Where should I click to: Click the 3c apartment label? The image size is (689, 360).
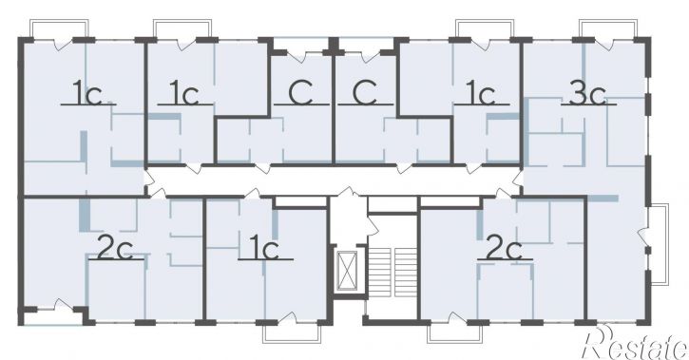pyautogui.click(x=587, y=93)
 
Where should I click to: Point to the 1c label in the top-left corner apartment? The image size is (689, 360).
pyautogui.click(x=87, y=93)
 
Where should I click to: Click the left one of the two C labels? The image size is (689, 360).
pyautogui.click(x=301, y=93)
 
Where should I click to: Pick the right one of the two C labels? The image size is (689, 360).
pyautogui.click(x=365, y=93)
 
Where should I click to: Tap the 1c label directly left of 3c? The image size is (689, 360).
pyautogui.click(x=481, y=93)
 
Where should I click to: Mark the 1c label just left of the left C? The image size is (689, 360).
pyautogui.click(x=184, y=93)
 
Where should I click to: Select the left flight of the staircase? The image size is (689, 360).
pyautogui.click(x=379, y=273)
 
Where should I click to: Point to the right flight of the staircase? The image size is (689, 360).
pyautogui.click(x=406, y=273)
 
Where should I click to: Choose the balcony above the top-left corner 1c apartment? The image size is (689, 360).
pyautogui.click(x=59, y=28)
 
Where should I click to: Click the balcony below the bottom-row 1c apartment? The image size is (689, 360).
pyautogui.click(x=292, y=333)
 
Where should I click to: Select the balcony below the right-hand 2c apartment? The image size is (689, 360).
pyautogui.click(x=455, y=333)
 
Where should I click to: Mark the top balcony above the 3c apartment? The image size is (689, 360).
pyautogui.click(x=608, y=28)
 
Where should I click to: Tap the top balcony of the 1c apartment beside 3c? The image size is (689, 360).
pyautogui.click(x=485, y=28)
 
